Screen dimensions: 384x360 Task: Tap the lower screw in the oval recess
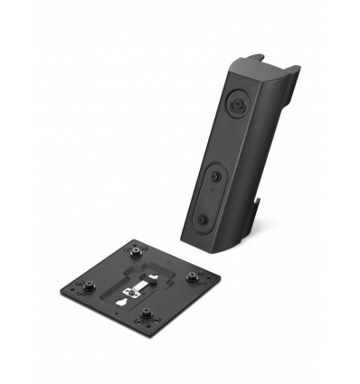tap(205, 220)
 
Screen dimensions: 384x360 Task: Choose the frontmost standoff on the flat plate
tap(144, 317)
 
